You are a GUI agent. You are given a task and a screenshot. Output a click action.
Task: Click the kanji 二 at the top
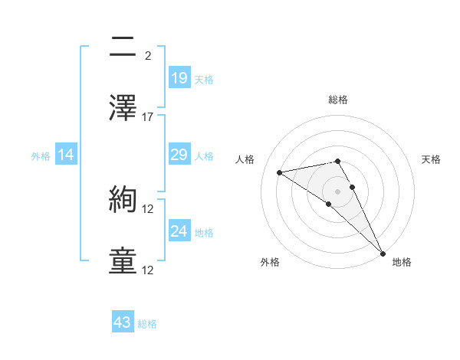coord(124,47)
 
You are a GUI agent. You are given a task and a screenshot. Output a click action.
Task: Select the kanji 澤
coord(124,107)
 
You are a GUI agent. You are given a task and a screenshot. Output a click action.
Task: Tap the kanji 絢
coord(124,201)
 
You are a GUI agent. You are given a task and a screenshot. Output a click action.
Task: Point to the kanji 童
coord(124,260)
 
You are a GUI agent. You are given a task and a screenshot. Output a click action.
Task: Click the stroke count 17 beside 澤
coord(148,116)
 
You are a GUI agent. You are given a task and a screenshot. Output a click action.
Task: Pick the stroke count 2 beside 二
coord(148,55)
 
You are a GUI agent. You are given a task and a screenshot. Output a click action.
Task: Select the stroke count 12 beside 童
coord(148,270)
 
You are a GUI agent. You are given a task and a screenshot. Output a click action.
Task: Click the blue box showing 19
coord(179,78)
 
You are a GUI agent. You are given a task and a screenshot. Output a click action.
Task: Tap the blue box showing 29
coord(179,155)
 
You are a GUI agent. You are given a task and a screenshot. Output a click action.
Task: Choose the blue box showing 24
coord(179,231)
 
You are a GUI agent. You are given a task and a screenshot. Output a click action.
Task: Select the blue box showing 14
coord(66,155)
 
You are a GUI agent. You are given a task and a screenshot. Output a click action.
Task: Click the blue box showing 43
coord(123,322)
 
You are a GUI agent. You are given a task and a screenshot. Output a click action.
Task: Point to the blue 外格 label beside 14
coord(41,156)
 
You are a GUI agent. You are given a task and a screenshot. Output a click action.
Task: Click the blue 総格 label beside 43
coord(147,324)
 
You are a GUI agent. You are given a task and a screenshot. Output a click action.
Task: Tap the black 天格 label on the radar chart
coord(431,159)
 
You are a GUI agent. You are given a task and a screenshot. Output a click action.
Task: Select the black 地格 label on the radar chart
coord(402,263)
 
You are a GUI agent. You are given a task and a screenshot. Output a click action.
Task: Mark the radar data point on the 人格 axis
coord(280,172)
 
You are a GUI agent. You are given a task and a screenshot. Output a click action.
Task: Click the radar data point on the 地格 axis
coord(383,253)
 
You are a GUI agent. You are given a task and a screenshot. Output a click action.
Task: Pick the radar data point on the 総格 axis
coord(337,161)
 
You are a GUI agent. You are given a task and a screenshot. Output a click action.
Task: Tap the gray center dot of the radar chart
coord(337,191)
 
